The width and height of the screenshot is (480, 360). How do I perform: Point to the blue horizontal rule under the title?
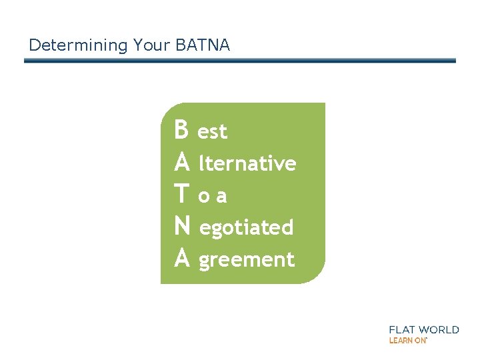[x=240, y=61]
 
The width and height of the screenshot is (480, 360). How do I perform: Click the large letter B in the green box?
[x=181, y=130]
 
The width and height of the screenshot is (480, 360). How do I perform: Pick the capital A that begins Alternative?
[x=181, y=162]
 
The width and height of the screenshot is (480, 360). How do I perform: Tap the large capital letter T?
[x=181, y=194]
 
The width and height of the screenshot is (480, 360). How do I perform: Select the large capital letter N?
[x=181, y=226]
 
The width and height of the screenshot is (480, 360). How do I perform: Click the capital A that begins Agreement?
[x=181, y=258]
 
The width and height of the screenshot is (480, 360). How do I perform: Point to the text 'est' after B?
[x=213, y=132]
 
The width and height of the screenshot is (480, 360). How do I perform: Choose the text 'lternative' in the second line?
[x=247, y=163]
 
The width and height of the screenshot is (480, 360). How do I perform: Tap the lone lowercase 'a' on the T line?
[x=221, y=196]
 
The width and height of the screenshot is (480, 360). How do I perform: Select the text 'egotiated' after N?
[x=247, y=228]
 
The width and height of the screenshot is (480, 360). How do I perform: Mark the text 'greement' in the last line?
[x=247, y=260]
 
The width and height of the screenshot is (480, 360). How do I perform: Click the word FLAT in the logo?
[x=403, y=329]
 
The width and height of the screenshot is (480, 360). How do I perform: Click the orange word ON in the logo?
[x=420, y=340]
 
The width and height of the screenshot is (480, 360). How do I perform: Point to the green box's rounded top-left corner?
[x=167, y=108]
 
